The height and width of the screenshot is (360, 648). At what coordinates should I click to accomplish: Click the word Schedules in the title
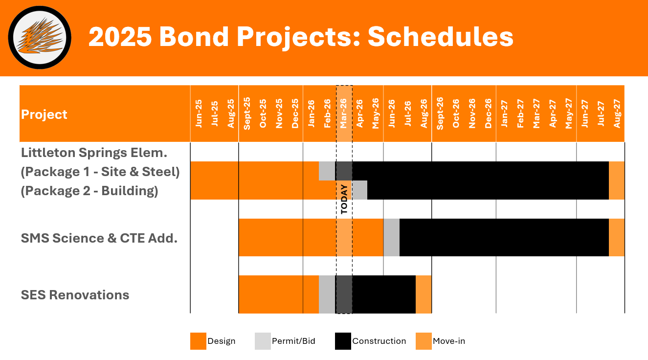(x=440, y=37)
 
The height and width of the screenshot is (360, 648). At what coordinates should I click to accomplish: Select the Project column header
(x=45, y=114)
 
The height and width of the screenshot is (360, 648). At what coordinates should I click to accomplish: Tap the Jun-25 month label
(x=199, y=114)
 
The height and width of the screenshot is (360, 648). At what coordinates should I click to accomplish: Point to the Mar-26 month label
(x=344, y=114)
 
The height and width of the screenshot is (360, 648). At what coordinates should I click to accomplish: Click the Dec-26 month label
(x=488, y=114)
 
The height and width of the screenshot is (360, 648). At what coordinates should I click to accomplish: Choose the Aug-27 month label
(x=617, y=114)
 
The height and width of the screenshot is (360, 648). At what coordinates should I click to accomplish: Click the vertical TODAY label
(x=344, y=199)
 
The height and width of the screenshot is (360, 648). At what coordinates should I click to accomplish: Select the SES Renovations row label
(x=75, y=295)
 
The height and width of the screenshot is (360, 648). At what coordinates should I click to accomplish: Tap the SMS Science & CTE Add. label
(x=99, y=238)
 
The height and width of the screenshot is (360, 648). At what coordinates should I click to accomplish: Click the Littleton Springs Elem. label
(x=94, y=153)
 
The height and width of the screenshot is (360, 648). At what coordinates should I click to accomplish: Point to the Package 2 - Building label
(x=89, y=191)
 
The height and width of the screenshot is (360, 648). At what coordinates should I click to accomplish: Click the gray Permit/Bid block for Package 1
(x=327, y=171)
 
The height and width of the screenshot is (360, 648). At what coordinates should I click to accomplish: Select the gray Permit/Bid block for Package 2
(x=359, y=190)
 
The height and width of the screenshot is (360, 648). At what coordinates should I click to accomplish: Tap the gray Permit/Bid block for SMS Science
(x=391, y=237)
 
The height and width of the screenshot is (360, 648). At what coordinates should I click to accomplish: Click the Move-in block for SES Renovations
(x=424, y=294)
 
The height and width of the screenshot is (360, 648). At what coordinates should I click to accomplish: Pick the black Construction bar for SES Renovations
(x=383, y=294)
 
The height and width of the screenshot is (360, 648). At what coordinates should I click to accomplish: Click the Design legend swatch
(x=198, y=341)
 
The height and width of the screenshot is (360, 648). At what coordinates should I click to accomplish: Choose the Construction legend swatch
(x=343, y=341)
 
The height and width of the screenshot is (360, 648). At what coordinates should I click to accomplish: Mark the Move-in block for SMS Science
(x=616, y=237)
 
